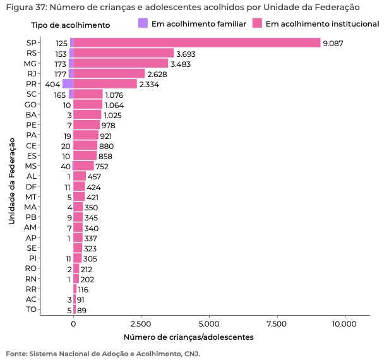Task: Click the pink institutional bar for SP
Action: click(197, 42)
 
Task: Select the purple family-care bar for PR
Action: click(68, 83)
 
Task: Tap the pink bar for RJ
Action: click(109, 73)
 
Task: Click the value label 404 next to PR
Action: click(52, 84)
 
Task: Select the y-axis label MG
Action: click(30, 63)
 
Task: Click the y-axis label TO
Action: click(31, 309)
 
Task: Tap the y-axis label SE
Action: click(31, 248)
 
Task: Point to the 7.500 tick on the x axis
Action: click(277, 324)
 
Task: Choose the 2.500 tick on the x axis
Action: click(141, 324)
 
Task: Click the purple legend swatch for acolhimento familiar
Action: click(142, 23)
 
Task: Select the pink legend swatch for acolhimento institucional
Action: click(257, 23)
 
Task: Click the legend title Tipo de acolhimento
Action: click(70, 25)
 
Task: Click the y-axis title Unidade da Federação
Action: click(11, 175)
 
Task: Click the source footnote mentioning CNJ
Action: click(102, 353)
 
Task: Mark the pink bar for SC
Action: click(88, 94)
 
